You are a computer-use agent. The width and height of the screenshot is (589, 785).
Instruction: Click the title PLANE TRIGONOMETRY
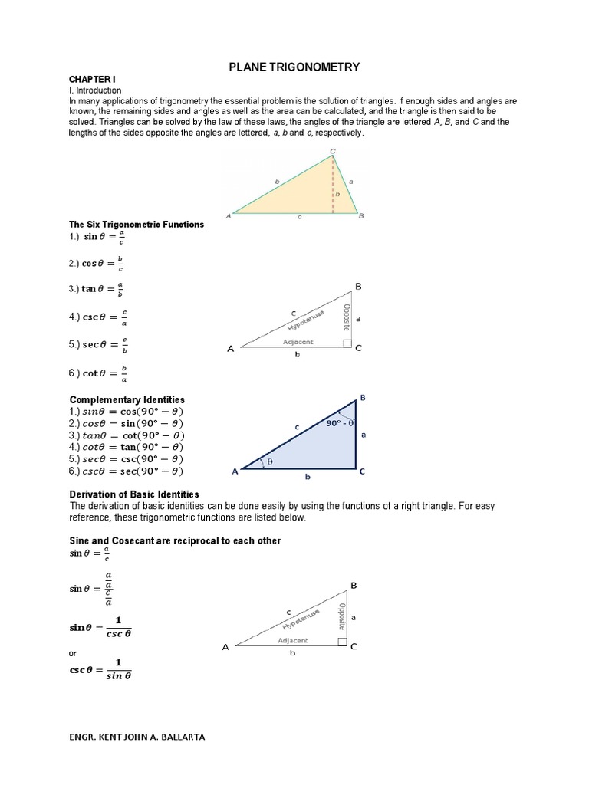tap(294, 68)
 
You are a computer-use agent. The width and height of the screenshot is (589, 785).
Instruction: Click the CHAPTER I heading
tap(92, 80)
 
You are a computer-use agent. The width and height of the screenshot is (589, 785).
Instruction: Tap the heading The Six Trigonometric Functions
tap(137, 224)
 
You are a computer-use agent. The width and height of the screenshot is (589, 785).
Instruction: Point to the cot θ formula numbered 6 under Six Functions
tap(97, 373)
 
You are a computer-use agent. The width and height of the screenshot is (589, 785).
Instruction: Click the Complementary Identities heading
tap(127, 400)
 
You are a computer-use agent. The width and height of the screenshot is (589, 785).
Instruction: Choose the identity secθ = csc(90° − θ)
tap(127, 458)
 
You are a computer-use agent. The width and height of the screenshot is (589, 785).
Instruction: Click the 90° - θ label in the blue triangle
tap(339, 422)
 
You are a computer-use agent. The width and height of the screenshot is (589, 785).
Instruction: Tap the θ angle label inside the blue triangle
tap(269, 461)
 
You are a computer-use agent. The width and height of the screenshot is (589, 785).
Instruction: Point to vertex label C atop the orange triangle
tap(332, 151)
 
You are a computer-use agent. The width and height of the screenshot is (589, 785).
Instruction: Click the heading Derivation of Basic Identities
tap(134, 494)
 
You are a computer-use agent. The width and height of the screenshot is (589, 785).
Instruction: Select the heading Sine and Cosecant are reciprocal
tap(175, 541)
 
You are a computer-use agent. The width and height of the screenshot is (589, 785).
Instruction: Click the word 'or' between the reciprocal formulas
tap(74, 652)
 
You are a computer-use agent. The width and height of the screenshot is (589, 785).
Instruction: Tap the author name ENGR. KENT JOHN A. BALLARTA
tap(137, 737)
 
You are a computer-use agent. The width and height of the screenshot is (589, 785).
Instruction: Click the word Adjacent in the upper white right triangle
tap(298, 342)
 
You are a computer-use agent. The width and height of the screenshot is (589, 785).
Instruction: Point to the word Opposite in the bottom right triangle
tap(341, 616)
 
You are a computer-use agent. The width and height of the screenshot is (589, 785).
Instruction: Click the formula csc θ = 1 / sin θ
tap(100, 669)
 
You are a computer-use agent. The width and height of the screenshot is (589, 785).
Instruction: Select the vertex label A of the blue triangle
tap(235, 472)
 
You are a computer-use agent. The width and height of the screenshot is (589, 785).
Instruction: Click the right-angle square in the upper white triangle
tap(347, 343)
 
